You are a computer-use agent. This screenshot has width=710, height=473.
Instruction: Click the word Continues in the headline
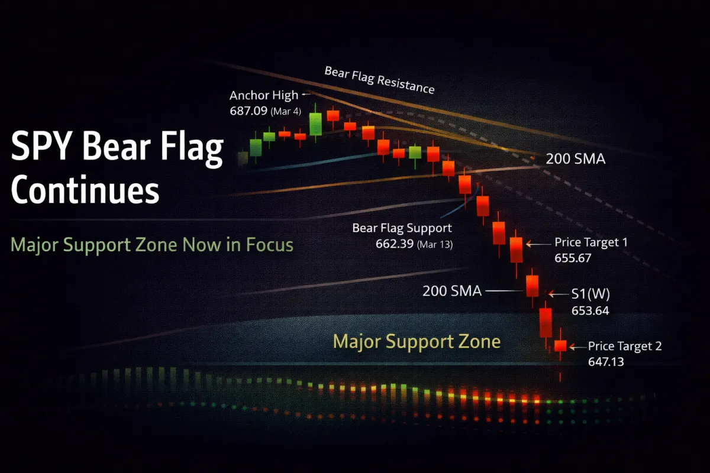[85, 189]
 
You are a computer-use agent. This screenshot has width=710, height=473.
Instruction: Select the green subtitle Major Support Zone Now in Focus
[152, 245]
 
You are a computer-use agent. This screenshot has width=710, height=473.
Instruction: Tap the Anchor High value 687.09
[248, 111]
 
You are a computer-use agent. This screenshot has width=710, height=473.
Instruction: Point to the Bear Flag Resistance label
[379, 80]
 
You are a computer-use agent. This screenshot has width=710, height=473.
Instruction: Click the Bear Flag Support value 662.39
[394, 244]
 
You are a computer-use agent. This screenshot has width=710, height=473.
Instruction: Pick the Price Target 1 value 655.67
[573, 258]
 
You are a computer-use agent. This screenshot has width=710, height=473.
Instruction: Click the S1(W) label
[590, 294]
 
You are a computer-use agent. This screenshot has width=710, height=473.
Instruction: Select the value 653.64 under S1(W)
[590, 310]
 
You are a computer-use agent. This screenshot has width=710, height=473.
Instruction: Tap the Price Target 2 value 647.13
[606, 361]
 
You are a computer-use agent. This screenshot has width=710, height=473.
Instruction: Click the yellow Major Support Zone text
[417, 342]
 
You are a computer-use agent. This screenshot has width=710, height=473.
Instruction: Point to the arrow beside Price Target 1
[538, 244]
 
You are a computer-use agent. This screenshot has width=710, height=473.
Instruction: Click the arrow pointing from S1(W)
[558, 294]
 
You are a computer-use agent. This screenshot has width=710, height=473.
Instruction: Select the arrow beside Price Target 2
[577, 347]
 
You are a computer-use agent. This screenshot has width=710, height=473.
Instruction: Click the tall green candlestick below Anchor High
[315, 124]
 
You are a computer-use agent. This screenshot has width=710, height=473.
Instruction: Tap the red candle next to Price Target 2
[560, 346]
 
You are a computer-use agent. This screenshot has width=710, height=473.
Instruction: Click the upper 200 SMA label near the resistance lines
[575, 158]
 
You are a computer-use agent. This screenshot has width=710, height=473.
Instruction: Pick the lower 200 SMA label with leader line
[452, 291]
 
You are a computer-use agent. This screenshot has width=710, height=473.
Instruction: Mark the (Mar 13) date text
[435, 245]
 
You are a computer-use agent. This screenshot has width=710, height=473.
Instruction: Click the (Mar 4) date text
[286, 111]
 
